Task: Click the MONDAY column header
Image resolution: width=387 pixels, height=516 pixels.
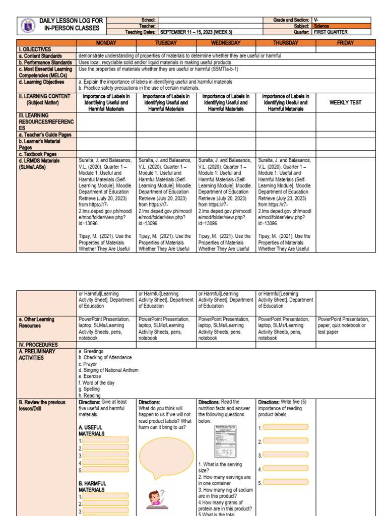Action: click(x=106, y=43)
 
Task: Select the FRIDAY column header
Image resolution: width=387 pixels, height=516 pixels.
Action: click(x=345, y=43)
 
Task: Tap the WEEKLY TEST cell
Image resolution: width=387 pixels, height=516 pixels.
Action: click(x=345, y=102)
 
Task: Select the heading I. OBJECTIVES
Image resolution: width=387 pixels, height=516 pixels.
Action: click(x=35, y=49)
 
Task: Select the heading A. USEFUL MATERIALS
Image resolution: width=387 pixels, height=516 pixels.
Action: click(x=91, y=430)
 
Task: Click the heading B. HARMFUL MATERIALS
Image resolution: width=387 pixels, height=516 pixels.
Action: click(x=92, y=486)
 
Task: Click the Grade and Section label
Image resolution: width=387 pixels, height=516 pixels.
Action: click(x=292, y=20)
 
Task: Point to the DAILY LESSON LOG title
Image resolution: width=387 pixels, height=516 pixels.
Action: click(x=71, y=24)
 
